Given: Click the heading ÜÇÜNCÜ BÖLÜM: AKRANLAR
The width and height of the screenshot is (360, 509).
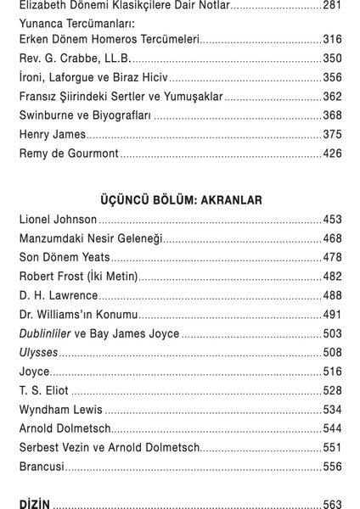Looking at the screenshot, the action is tap(181, 200).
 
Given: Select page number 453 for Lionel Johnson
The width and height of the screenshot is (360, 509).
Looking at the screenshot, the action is tap(332, 220).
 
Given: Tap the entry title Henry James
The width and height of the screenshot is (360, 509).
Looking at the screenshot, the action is tap(53, 134).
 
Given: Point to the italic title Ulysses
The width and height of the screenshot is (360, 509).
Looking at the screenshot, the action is tap(39, 353).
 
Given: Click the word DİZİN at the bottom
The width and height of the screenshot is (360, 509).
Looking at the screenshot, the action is tap(36, 504).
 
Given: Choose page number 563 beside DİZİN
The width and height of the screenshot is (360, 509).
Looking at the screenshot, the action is tap(332, 504).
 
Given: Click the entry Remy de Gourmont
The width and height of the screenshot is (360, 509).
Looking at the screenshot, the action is tap(68, 154).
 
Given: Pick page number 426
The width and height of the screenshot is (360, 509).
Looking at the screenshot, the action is tap(332, 154).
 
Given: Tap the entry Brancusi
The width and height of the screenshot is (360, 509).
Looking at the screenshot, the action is tap(42, 467).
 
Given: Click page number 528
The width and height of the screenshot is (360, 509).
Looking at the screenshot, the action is tap(332, 391).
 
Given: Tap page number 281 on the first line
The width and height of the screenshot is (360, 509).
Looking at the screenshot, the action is tap(332, 5).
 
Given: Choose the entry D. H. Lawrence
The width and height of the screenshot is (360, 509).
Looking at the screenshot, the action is tap(59, 296).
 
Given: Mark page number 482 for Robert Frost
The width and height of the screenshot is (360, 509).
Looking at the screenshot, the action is tap(332, 277).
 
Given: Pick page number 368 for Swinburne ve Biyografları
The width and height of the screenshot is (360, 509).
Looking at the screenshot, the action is tap(332, 115).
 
